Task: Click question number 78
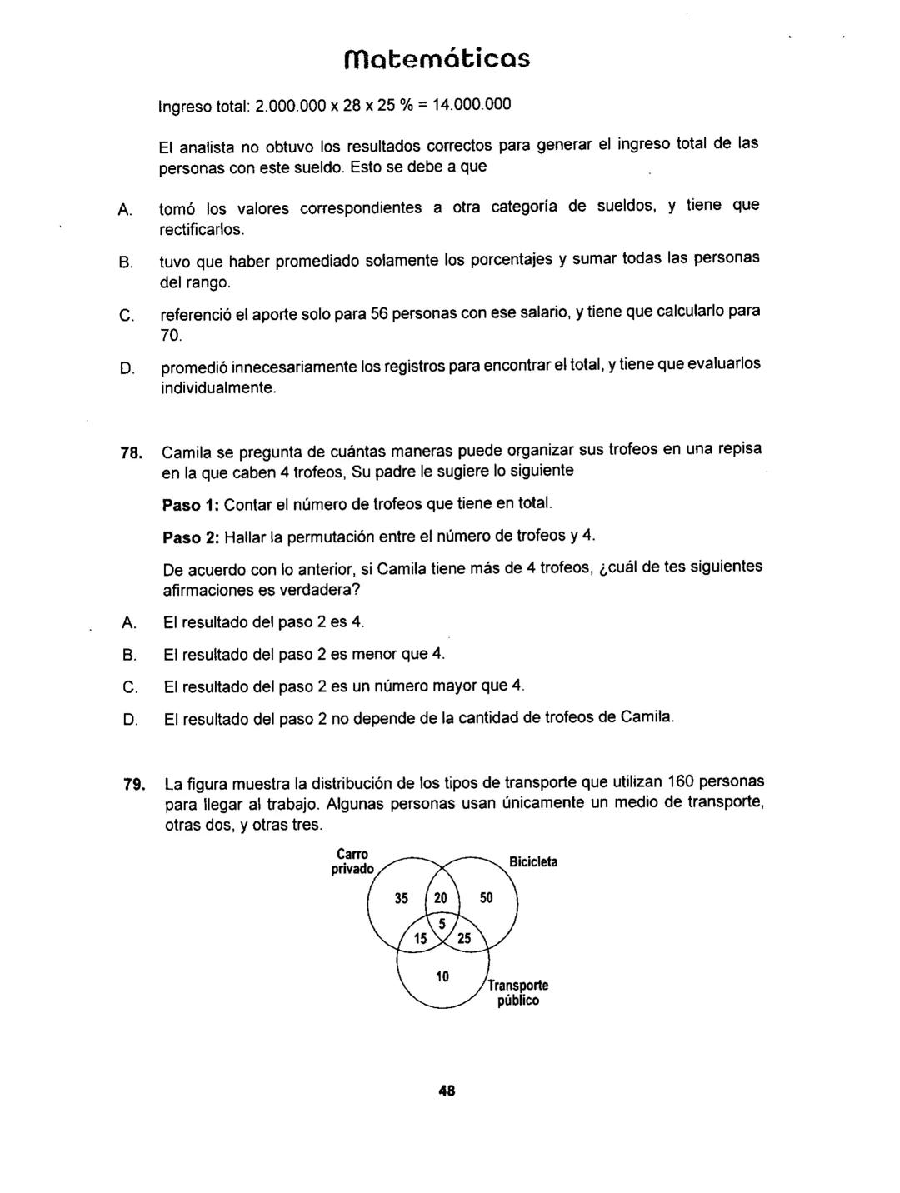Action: [130, 453]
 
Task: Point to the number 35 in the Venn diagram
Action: [401, 898]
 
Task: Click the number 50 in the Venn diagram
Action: [487, 898]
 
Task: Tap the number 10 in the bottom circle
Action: [442, 976]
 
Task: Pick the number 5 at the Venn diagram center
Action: [442, 923]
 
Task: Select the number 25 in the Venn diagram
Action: [464, 939]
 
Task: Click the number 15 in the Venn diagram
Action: [421, 939]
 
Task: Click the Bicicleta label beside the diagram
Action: [534, 861]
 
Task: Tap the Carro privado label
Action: [350, 861]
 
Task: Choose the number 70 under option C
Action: [170, 336]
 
